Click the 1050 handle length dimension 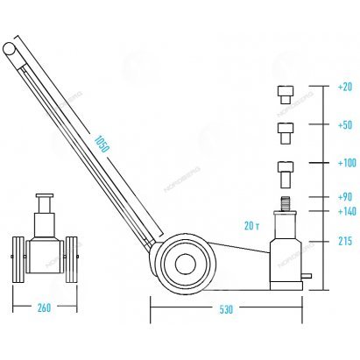[x=102, y=144]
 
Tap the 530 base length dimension [x=226, y=309]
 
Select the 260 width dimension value [x=44, y=307]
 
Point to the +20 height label [x=345, y=87]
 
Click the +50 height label [x=345, y=125]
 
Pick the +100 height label [x=347, y=163]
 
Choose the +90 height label [x=345, y=197]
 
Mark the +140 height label [x=347, y=211]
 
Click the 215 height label [x=345, y=241]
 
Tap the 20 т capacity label [x=251, y=226]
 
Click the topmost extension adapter [x=286, y=95]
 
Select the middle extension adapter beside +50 [x=286, y=133]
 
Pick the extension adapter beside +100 [x=286, y=175]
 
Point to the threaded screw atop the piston [x=286, y=204]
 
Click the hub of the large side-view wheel [x=186, y=264]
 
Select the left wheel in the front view [x=18, y=259]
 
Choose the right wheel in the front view [x=72, y=259]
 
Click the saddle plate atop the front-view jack [x=45, y=195]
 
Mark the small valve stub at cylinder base [x=307, y=276]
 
